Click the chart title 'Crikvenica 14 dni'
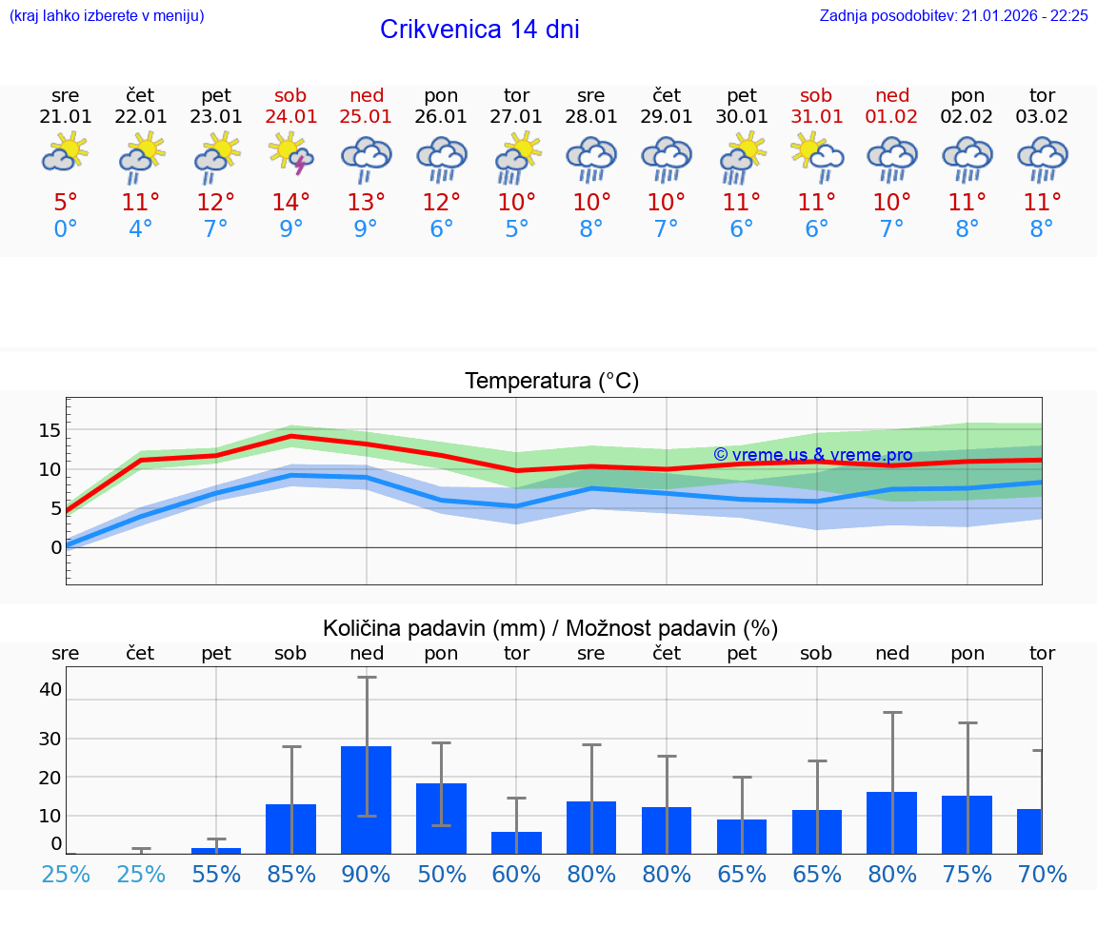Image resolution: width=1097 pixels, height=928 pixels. pyautogui.click(x=479, y=30)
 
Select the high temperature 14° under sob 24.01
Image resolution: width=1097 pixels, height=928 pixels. pyautogui.click(x=291, y=202)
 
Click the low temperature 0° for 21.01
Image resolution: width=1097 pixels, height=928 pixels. pyautogui.click(x=66, y=228)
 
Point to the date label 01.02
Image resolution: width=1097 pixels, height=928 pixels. pyautogui.click(x=892, y=117)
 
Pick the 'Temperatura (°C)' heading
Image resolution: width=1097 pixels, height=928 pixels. pyautogui.click(x=551, y=382)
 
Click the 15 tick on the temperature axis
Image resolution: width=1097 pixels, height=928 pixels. pyautogui.click(x=50, y=430)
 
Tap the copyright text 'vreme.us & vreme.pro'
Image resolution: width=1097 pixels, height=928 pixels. pyautogui.click(x=812, y=455)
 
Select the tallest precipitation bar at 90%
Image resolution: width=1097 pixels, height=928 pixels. pyautogui.click(x=367, y=800)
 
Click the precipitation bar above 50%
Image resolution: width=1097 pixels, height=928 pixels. pyautogui.click(x=441, y=819)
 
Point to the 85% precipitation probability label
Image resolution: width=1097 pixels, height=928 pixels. pyautogui.click(x=291, y=874)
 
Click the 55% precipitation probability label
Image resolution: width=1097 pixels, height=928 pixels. pyautogui.click(x=216, y=874)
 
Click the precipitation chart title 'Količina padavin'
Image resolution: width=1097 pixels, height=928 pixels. pyautogui.click(x=550, y=628)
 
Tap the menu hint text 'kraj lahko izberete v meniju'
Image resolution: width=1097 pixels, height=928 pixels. pyautogui.click(x=107, y=16)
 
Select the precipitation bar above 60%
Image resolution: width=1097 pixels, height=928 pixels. pyautogui.click(x=516, y=842)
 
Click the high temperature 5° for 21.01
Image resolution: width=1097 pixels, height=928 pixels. pyautogui.click(x=66, y=202)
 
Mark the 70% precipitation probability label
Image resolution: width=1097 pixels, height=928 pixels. pyautogui.click(x=1042, y=874)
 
